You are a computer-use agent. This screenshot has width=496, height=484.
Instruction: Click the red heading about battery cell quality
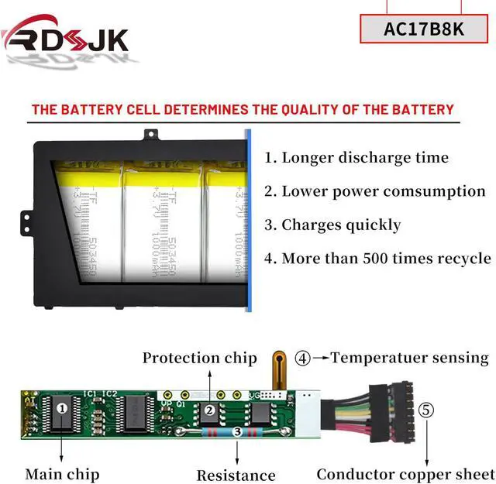(x=242, y=109)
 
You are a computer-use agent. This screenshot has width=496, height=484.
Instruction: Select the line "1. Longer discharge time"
(x=356, y=157)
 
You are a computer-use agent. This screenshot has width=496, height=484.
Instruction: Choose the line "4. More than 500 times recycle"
(x=377, y=259)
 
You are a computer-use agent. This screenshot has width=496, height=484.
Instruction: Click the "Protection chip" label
(x=199, y=358)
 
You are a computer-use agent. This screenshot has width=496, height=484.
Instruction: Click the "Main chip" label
(x=62, y=473)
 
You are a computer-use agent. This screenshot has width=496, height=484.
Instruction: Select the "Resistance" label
(x=236, y=475)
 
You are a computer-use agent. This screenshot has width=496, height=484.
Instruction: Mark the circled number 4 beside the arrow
(x=303, y=358)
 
